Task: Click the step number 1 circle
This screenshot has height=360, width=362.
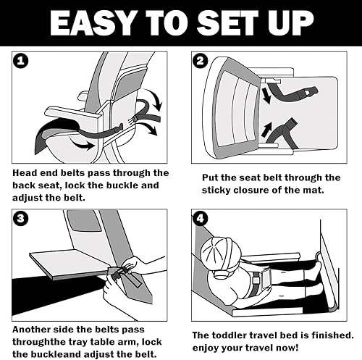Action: pyautogui.click(x=20, y=61)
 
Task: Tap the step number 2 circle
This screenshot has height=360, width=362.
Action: pyautogui.click(x=201, y=61)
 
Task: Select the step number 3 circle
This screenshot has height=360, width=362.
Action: pyautogui.click(x=20, y=218)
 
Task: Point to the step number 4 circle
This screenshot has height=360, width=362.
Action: pyautogui.click(x=201, y=218)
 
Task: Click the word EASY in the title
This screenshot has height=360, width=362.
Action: pyautogui.click(x=92, y=23)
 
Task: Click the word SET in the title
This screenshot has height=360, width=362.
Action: pyautogui.click(x=224, y=23)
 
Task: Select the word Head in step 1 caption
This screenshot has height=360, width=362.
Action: pyautogui.click(x=25, y=173)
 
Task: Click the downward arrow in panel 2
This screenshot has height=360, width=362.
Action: pyautogui.click(x=266, y=96)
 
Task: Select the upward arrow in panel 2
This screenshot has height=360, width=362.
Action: pyautogui.click(x=266, y=130)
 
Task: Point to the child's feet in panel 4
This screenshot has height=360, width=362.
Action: pyautogui.click(x=316, y=275)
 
